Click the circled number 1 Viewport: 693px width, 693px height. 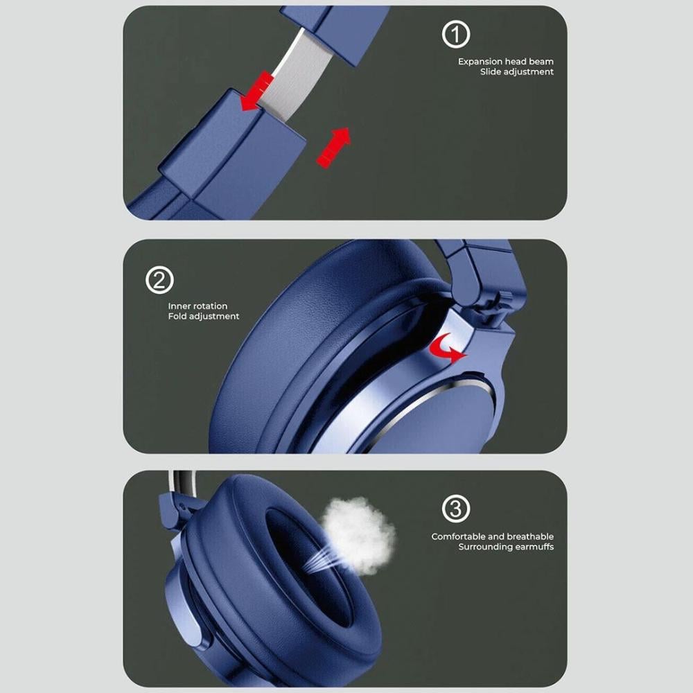point(456,34)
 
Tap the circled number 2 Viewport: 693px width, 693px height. point(159,280)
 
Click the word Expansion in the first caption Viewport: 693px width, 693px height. point(480,62)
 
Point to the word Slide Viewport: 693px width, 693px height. point(490,71)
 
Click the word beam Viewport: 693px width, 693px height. point(541,62)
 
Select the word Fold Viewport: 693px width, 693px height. point(177,316)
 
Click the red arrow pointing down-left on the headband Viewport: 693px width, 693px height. point(256,91)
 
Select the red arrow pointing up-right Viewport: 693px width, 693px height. point(334,147)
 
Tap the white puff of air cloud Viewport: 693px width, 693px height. point(359,535)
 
